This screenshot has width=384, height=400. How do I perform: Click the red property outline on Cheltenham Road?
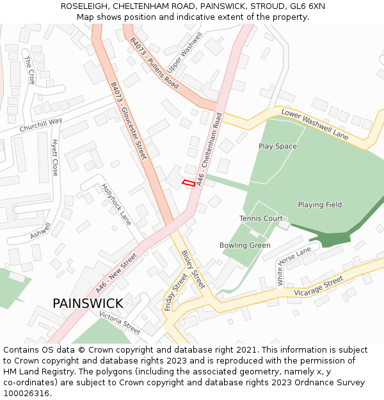click(x=188, y=183)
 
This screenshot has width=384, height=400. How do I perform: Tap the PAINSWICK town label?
click(x=88, y=303)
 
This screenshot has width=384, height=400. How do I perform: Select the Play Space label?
click(x=277, y=147)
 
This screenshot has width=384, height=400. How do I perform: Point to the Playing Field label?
click(x=319, y=205)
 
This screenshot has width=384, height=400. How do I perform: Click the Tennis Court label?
click(x=260, y=219)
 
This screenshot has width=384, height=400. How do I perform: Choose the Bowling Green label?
click(x=244, y=245)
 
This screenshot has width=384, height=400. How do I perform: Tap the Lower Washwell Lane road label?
click(x=315, y=124)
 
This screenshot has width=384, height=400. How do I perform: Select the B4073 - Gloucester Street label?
click(x=128, y=120)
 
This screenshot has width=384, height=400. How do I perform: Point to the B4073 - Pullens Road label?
click(x=154, y=62)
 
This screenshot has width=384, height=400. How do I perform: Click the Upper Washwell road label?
click(x=184, y=52)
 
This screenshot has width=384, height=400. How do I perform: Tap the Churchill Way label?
click(x=40, y=125)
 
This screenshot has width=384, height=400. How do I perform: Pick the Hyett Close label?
click(x=55, y=157)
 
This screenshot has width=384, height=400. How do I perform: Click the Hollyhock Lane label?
click(x=116, y=204)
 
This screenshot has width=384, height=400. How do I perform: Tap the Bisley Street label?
click(x=193, y=269)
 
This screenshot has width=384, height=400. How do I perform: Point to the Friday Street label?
click(x=176, y=292)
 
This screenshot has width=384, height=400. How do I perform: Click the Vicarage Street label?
click(x=318, y=286)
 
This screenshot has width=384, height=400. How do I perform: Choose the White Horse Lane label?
click(x=294, y=266)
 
